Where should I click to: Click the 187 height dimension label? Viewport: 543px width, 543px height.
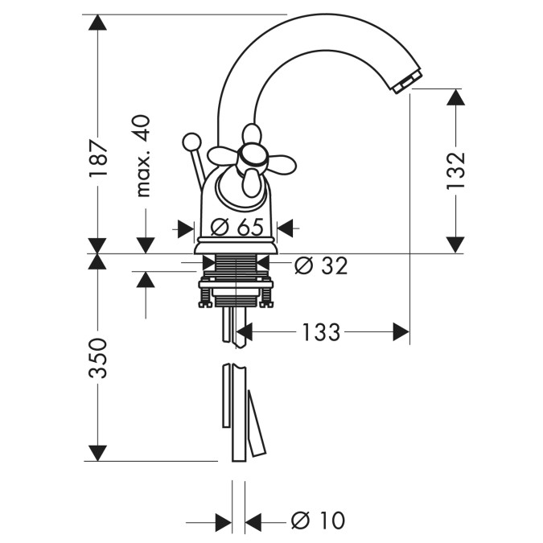(x=98, y=158)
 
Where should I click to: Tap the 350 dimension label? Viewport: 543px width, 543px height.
(x=98, y=358)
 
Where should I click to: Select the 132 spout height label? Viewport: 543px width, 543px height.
(x=455, y=171)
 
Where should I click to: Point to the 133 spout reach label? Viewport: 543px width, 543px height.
(x=321, y=331)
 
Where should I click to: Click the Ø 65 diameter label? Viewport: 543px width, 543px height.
(x=237, y=227)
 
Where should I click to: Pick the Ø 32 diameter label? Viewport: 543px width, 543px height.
(x=320, y=266)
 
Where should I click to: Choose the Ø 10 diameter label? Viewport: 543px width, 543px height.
(x=318, y=520)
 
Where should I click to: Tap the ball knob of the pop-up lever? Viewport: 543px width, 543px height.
(x=191, y=142)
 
